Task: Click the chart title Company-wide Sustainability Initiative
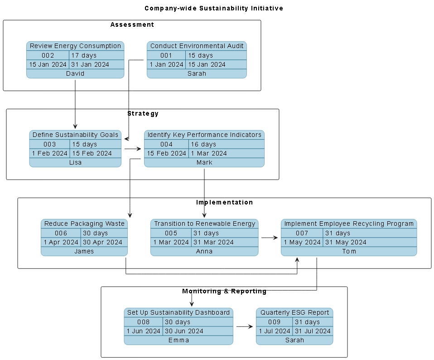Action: [214, 8]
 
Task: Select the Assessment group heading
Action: [132, 24]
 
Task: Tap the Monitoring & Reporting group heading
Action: [224, 291]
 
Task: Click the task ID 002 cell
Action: [48, 55]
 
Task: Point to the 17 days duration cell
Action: [96, 55]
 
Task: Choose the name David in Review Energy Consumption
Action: [75, 73]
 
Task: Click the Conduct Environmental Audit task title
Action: [197, 46]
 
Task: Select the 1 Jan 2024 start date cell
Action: [166, 64]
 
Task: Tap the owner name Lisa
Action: [75, 162]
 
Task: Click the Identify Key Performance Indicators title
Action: [204, 135]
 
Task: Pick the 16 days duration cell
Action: [226, 144]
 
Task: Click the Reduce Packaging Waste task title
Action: [84, 224]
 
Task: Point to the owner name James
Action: [84, 251]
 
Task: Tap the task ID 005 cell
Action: [171, 233]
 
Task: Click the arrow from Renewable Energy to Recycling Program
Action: [270, 238]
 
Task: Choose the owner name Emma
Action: [178, 340]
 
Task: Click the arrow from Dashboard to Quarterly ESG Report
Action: [245, 326]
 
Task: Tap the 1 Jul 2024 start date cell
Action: [274, 331]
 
